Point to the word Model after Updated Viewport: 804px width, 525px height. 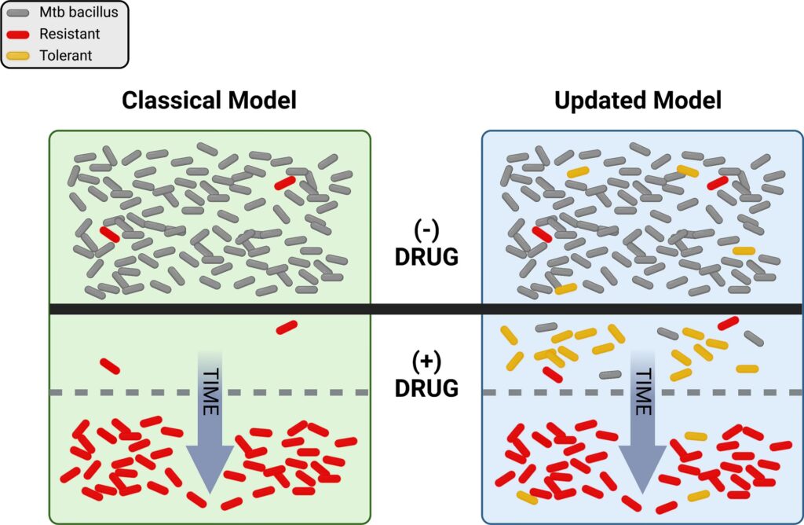(686, 101)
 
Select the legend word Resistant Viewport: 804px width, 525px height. (69, 35)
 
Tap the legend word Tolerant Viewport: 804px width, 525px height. (66, 55)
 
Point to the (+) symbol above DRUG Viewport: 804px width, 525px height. (426, 362)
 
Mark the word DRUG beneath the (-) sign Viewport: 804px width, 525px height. (426, 257)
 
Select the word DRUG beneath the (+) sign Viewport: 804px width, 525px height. (426, 387)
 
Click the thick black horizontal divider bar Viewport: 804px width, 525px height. (424, 309)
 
